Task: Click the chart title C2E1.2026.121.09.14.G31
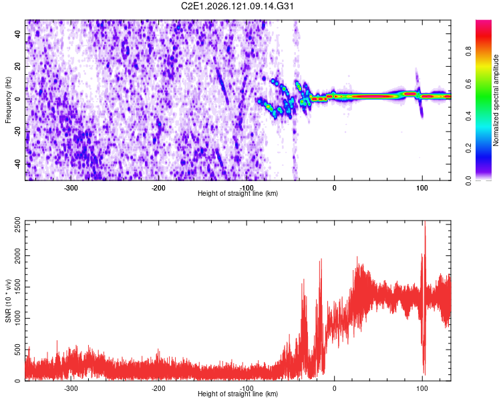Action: (x=237, y=6)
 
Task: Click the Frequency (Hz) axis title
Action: (x=8, y=100)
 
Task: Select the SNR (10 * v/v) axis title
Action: (x=8, y=301)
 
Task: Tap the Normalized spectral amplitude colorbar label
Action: (x=496, y=100)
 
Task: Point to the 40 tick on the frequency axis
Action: (x=18, y=33)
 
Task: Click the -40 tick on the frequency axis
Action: (x=18, y=164)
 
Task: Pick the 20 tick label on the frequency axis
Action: (x=18, y=66)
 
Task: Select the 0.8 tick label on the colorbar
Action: (x=468, y=51)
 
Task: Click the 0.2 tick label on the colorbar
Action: (x=468, y=148)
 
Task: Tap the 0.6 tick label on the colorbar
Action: (x=468, y=84)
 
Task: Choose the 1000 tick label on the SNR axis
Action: (x=18, y=318)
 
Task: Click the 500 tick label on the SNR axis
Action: (x=18, y=350)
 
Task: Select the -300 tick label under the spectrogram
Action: (x=71, y=188)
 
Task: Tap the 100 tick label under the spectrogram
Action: (x=422, y=188)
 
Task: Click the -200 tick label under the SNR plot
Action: (x=158, y=388)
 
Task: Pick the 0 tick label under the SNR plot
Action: (x=334, y=388)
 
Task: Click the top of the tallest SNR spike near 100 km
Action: (x=425, y=221)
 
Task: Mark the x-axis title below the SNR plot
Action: (x=238, y=394)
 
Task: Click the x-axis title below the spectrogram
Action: (x=238, y=193)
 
